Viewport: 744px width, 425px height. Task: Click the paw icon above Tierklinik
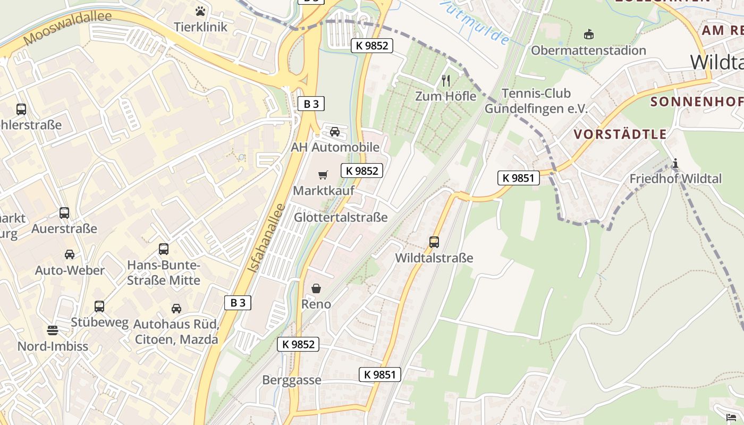pyautogui.click(x=200, y=11)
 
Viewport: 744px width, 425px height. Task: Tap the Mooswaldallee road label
pyautogui.click(x=67, y=28)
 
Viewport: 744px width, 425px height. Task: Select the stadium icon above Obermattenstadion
pyautogui.click(x=588, y=35)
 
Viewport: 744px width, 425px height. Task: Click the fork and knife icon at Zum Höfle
pyautogui.click(x=446, y=81)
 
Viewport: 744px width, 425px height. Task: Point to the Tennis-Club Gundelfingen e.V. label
pyautogui.click(x=536, y=101)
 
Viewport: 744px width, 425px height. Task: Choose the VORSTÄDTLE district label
pyautogui.click(x=620, y=134)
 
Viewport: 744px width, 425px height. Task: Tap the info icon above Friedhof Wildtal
pyautogui.click(x=675, y=164)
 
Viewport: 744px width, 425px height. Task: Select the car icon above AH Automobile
pyautogui.click(x=335, y=132)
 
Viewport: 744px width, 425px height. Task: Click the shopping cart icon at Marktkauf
pyautogui.click(x=323, y=175)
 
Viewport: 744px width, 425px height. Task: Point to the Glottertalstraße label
pyautogui.click(x=341, y=217)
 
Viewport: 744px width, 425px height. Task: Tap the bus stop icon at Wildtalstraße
pyautogui.click(x=434, y=242)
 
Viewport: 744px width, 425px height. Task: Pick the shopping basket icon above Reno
pyautogui.click(x=316, y=288)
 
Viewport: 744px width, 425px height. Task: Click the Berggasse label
pyautogui.click(x=292, y=380)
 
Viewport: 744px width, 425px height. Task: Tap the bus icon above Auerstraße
pyautogui.click(x=64, y=213)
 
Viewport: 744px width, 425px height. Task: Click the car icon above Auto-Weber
pyautogui.click(x=70, y=254)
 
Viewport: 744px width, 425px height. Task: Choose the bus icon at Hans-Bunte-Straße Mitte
pyautogui.click(x=164, y=249)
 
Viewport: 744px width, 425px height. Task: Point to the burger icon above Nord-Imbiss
pyautogui.click(x=52, y=330)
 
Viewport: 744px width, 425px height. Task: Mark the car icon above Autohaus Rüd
pyautogui.click(x=176, y=308)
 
